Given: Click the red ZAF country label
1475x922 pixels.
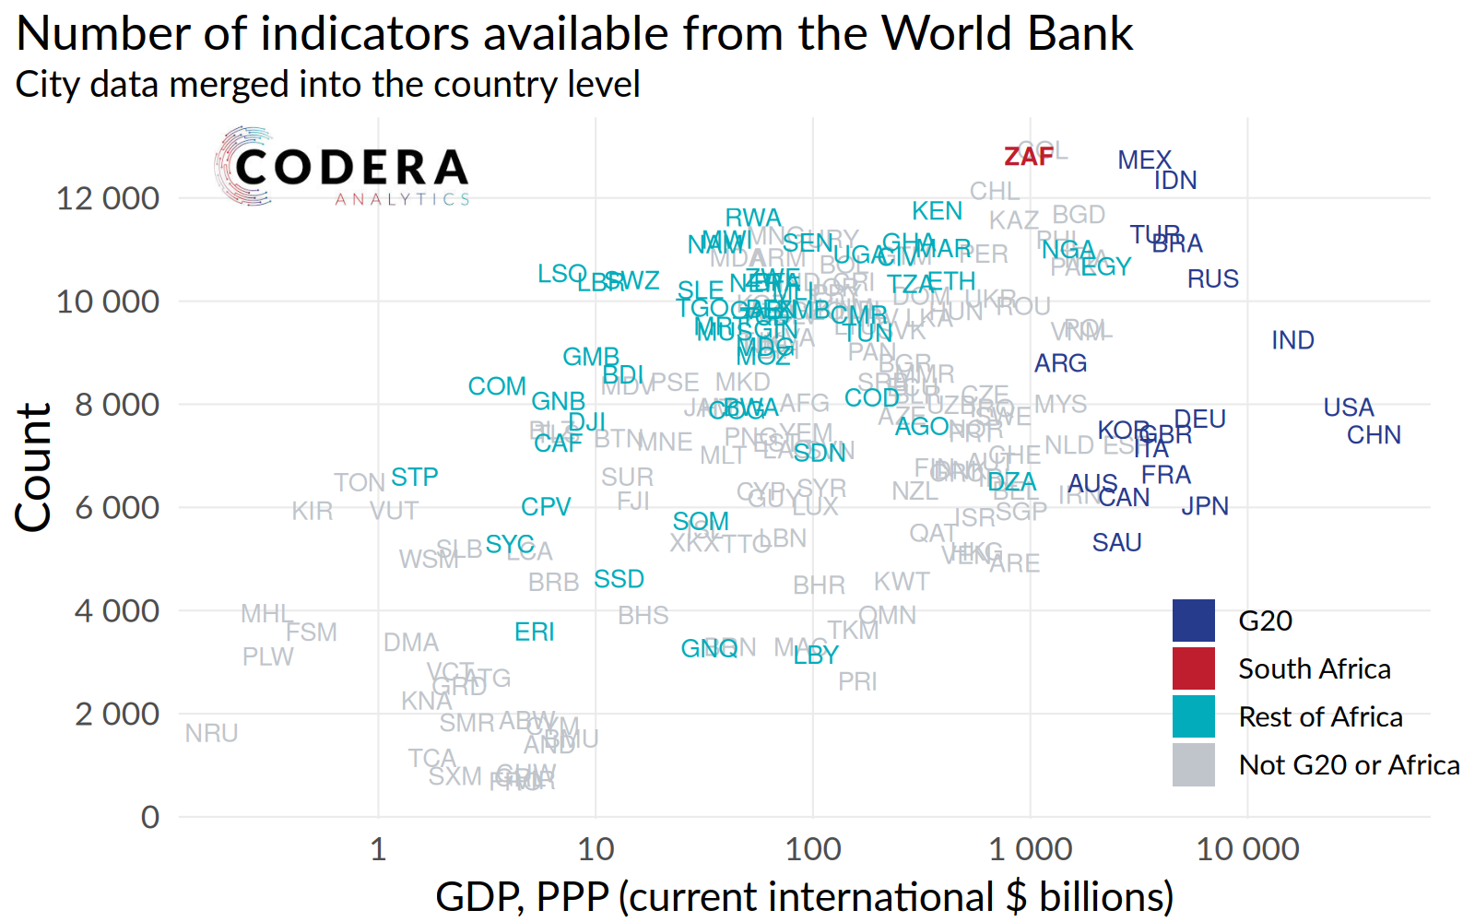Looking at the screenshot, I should coord(1028,157).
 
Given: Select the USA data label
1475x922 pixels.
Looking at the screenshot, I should coord(1348,408).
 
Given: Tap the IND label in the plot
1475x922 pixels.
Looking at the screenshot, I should coord(1292,340).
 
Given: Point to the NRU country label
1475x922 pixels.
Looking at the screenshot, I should coord(211,733).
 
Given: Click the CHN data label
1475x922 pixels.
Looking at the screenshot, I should coord(1374,435).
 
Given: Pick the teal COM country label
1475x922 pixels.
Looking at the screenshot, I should coord(497,386).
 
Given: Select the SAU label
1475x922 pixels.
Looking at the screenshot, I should coord(1116,543).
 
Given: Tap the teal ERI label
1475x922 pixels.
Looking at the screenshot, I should coord(534,632).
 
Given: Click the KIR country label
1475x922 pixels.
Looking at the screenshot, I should coord(312,511).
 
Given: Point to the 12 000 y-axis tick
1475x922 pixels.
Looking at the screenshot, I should coord(108,198).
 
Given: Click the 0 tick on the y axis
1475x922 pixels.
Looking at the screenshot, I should coord(149,817).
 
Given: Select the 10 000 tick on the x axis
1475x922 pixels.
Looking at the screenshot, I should coord(1247,849).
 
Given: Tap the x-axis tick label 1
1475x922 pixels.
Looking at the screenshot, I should coord(378,849).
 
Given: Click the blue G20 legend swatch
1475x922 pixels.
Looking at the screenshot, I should coord(1193,621).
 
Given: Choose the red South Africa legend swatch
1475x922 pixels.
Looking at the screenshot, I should coord(1193,668).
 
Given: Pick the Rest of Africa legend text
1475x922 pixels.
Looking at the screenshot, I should coord(1320,716).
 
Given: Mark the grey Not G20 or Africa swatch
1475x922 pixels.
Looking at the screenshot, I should coord(1193,764).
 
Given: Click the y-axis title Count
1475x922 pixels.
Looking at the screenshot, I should coord(33,467).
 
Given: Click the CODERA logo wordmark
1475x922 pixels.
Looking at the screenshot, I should coord(351,168).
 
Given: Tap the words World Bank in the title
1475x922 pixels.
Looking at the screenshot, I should coord(1007,34).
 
